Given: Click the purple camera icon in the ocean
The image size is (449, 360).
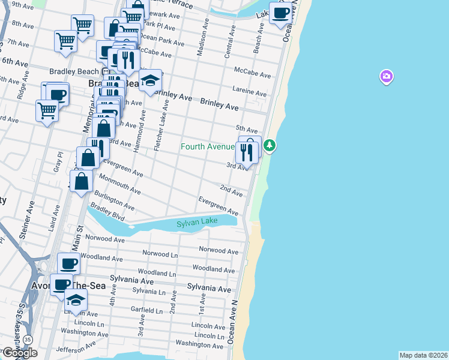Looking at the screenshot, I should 387,76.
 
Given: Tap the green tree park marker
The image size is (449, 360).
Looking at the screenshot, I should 270,145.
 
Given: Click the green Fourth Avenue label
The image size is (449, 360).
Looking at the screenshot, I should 208,146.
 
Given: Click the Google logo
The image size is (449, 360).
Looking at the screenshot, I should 19,353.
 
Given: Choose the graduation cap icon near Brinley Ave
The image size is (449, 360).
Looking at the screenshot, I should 150,80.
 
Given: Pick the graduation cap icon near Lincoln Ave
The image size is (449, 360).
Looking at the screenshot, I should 76,299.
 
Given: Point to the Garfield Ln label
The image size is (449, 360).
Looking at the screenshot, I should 147,311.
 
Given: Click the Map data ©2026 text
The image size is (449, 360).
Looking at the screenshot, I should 423,355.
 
